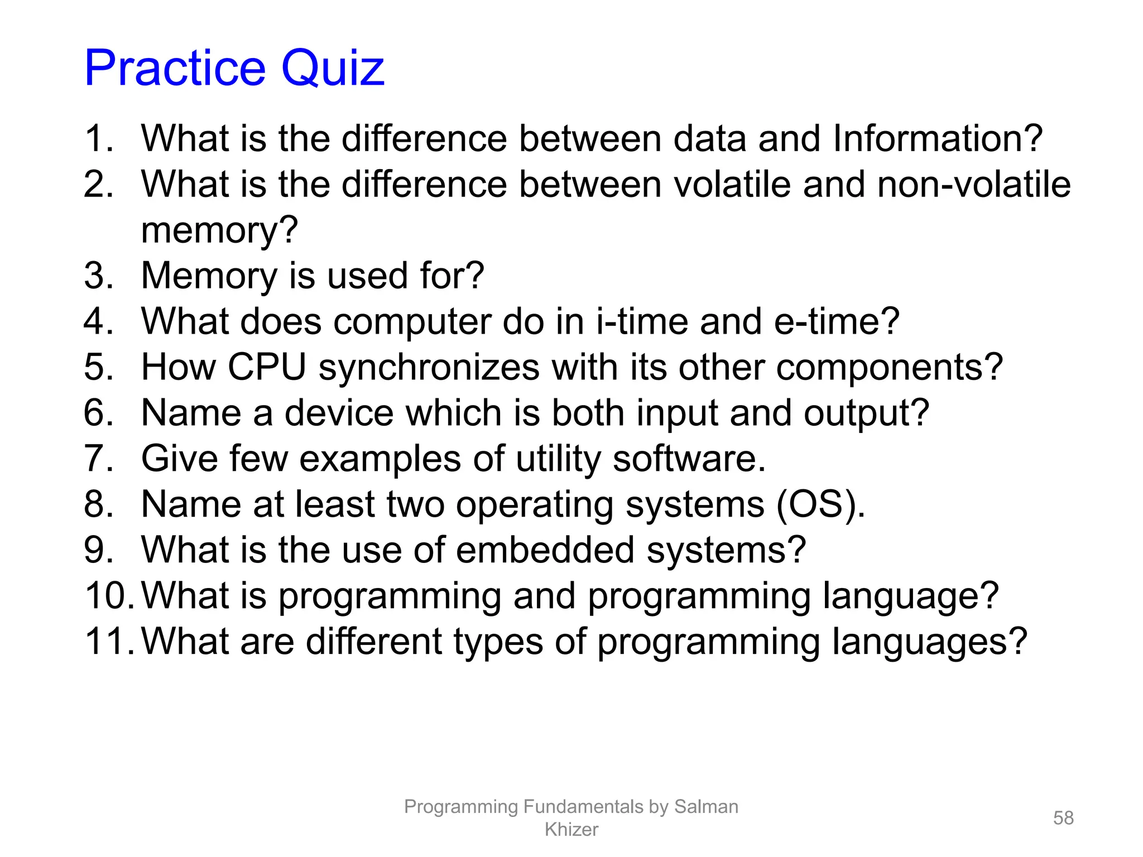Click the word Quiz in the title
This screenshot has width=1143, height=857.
tap(333, 68)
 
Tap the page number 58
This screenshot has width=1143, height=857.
tap(1063, 818)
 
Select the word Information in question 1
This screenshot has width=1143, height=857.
tap(937, 138)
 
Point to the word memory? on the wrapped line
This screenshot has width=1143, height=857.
tap(219, 230)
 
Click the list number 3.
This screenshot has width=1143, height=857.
tap(98, 276)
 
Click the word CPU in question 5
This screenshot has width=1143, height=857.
tap(267, 367)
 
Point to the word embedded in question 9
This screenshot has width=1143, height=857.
tap(545, 550)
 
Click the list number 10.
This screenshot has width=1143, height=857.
tap(108, 596)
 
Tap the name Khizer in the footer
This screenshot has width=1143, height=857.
tap(571, 830)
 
